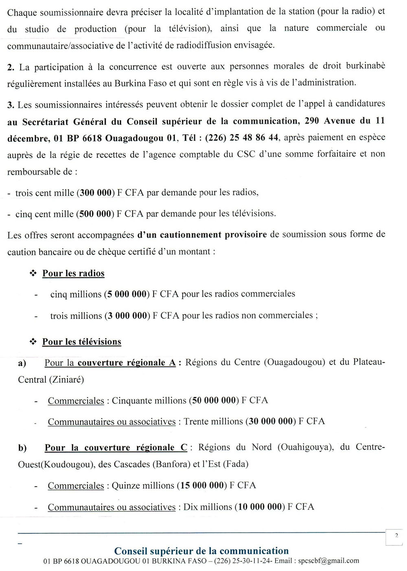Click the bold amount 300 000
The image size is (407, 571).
[x=96, y=193]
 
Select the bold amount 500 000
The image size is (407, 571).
[x=96, y=214]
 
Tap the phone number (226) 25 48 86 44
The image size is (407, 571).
[x=242, y=138]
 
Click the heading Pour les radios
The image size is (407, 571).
[x=73, y=273]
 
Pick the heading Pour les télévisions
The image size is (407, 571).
[x=82, y=342]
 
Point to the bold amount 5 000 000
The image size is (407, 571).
[x=127, y=294]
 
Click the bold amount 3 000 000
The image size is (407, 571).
[x=127, y=316]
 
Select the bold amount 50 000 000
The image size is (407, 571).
[x=214, y=400]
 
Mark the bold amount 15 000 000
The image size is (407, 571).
[x=202, y=485]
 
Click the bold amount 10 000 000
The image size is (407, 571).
[x=260, y=507]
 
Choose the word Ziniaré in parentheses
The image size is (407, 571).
[x=67, y=380]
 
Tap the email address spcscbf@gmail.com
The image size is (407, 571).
[x=328, y=561]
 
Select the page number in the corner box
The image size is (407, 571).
[x=396, y=536]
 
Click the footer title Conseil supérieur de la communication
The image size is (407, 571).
[x=201, y=551]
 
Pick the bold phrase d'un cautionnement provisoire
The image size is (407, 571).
[x=202, y=235]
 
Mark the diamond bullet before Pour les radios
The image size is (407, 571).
[x=33, y=273]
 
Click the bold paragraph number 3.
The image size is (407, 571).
[x=11, y=105]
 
